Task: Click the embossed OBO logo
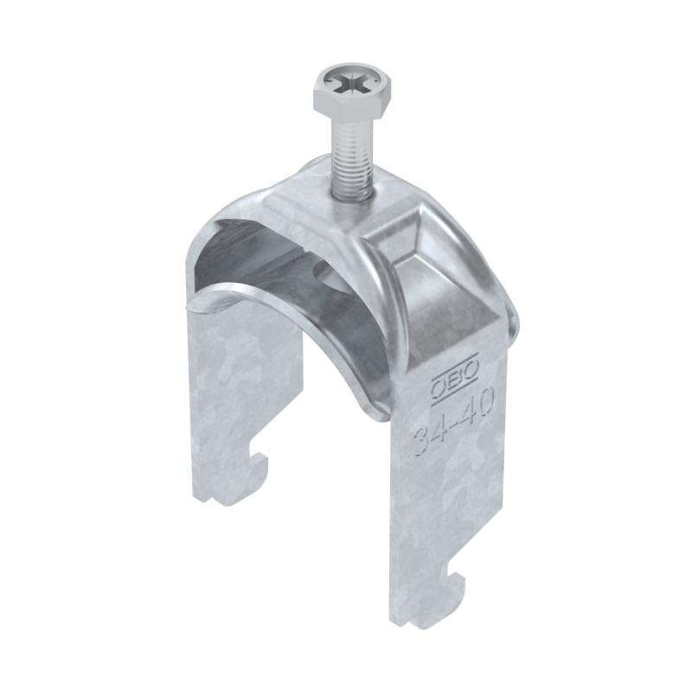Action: [x=454, y=379]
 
